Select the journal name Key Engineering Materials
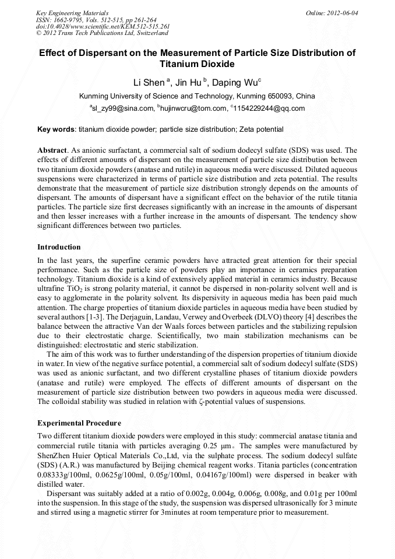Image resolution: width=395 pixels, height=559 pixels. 72,12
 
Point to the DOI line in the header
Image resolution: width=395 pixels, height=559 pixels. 103,26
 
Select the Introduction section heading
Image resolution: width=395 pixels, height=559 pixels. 59,247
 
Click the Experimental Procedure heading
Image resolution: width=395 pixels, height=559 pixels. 79,423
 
